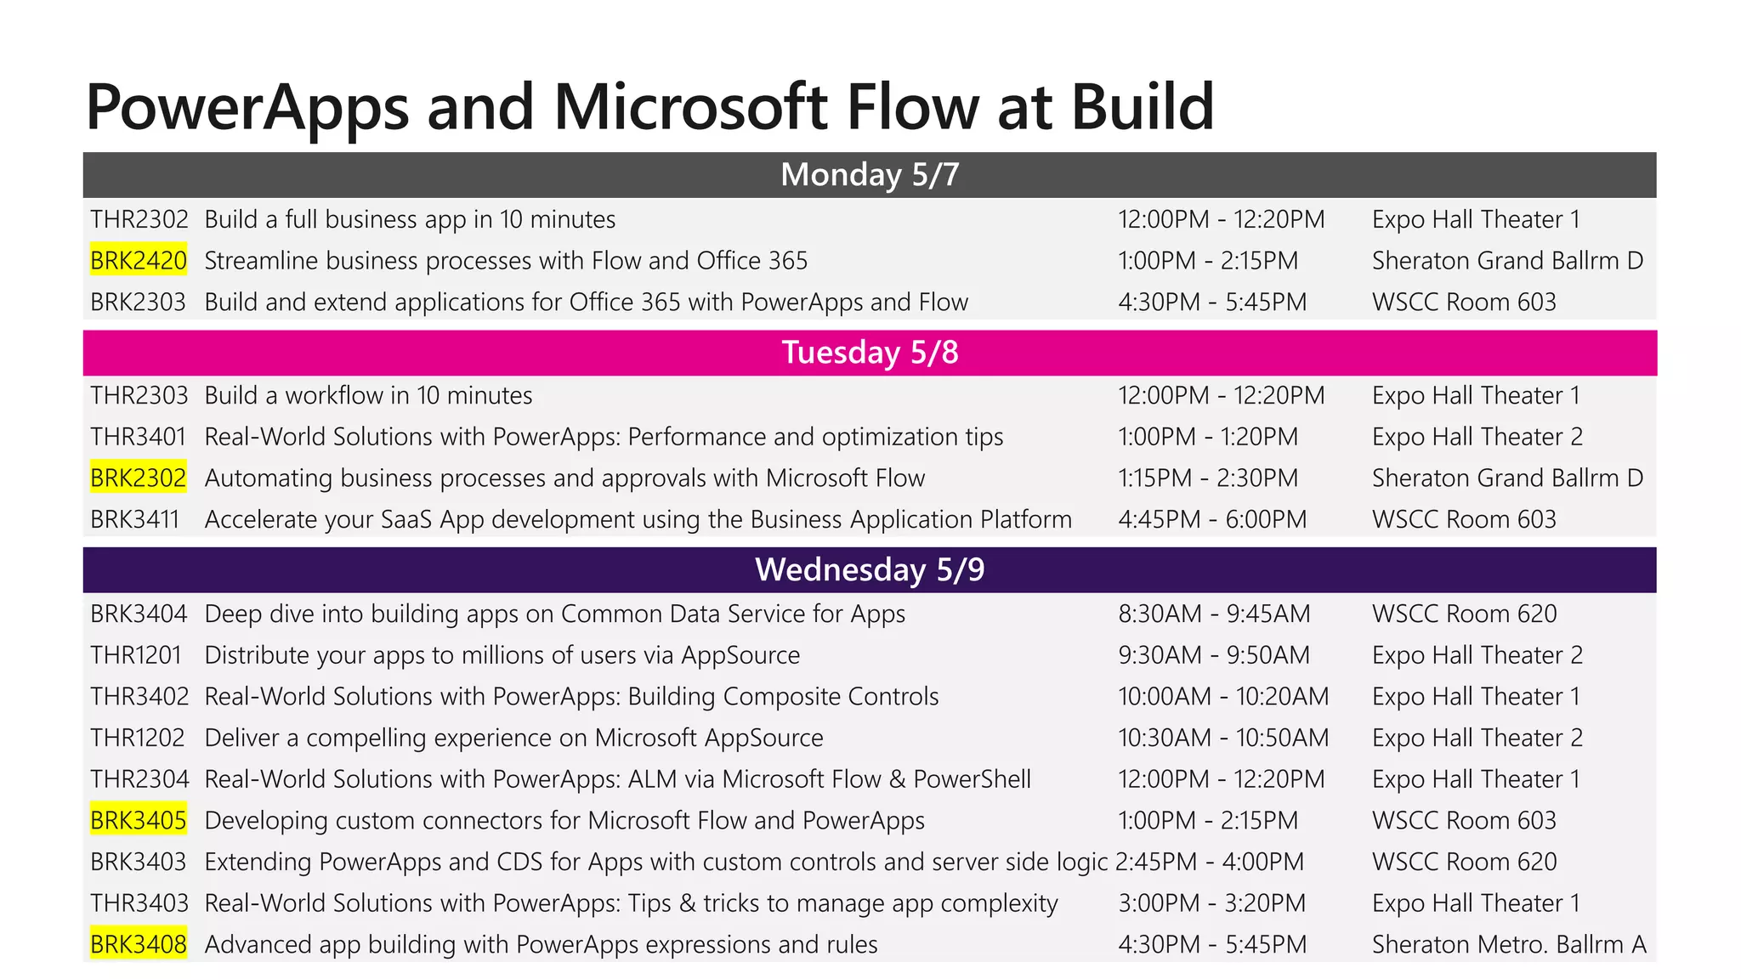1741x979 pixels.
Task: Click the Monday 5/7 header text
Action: (x=870, y=175)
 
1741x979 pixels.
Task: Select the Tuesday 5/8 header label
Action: (x=870, y=353)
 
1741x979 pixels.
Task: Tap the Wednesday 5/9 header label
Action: (x=870, y=569)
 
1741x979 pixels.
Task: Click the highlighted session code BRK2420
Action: (x=139, y=261)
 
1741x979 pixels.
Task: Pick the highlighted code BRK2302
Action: (x=139, y=478)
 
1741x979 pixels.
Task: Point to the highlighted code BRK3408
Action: (x=139, y=945)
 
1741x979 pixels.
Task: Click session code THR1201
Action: (x=136, y=655)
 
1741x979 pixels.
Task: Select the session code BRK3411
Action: (x=135, y=520)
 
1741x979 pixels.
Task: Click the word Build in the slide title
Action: (x=1143, y=107)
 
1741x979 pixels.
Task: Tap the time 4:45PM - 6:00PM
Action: (x=1212, y=520)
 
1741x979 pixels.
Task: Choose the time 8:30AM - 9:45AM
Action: (x=1214, y=614)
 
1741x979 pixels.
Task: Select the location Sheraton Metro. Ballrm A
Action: (x=1509, y=945)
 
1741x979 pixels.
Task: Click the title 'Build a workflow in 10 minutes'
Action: (x=368, y=396)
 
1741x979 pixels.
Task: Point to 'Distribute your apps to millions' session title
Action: (x=502, y=655)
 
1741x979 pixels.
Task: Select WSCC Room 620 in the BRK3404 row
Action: (x=1464, y=614)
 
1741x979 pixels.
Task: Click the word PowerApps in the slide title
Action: (x=247, y=107)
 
